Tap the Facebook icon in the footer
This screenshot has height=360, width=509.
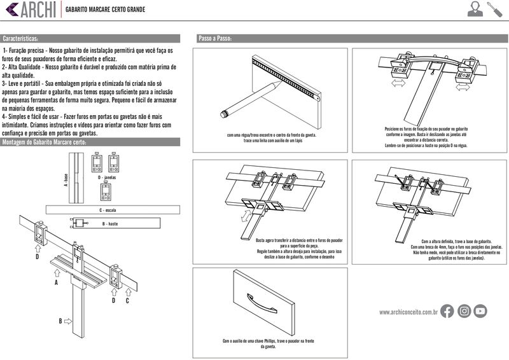447,311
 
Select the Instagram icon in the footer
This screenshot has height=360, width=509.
464,311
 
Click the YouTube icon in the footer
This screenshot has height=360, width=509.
480,311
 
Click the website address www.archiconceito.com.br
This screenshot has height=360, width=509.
408,312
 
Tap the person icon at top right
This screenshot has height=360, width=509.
475,9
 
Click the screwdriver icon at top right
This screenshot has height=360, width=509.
494,9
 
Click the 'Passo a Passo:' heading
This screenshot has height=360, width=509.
215,39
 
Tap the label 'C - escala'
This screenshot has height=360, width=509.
107,209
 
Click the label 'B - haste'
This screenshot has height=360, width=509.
109,224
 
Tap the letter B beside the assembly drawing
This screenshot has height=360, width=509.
60,321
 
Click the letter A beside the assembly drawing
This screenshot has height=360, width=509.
57,280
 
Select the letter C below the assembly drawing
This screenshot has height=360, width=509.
127,300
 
